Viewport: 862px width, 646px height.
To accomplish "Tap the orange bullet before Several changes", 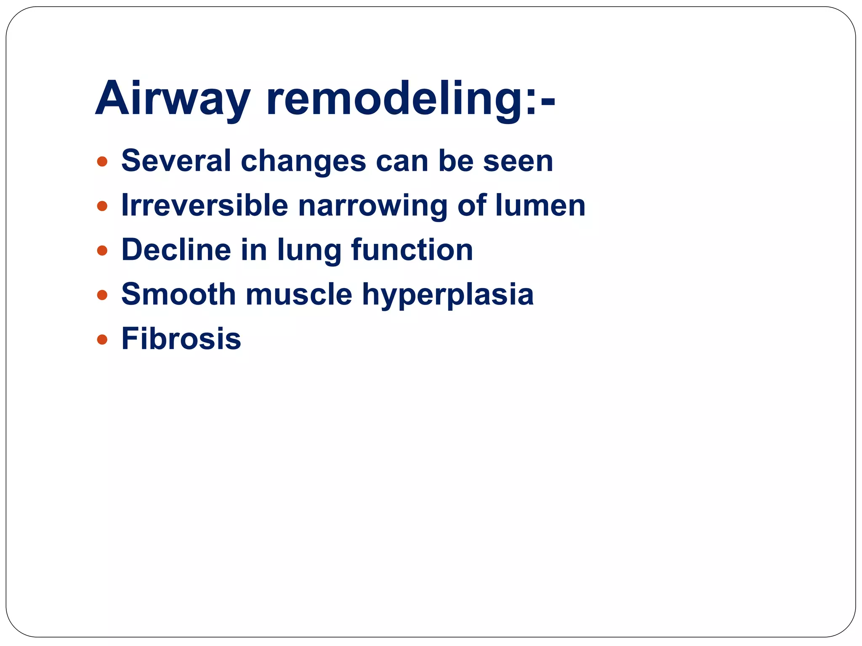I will tap(102, 161).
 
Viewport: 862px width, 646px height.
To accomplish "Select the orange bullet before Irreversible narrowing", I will tap(102, 206).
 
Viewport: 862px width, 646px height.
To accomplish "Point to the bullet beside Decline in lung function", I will tap(102, 251).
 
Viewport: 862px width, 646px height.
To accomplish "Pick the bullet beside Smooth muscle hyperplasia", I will tap(102, 295).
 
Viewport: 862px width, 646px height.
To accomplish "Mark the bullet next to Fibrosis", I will tap(102, 339).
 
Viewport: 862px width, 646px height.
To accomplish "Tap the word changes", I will tap(303, 161).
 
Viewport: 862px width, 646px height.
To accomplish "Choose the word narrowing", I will tap(372, 206).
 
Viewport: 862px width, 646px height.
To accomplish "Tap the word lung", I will tap(309, 251).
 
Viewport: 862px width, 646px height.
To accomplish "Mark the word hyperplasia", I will tap(448, 295).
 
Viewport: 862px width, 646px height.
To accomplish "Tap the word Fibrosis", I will tap(181, 339).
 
